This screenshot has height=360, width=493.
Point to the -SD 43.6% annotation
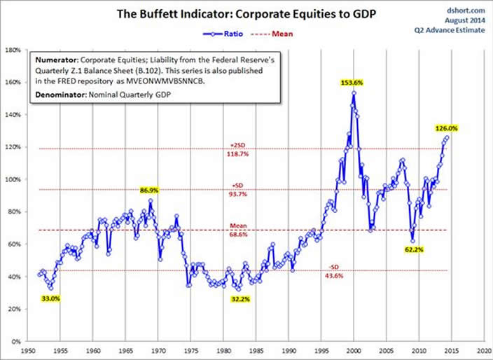tap(335, 270)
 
